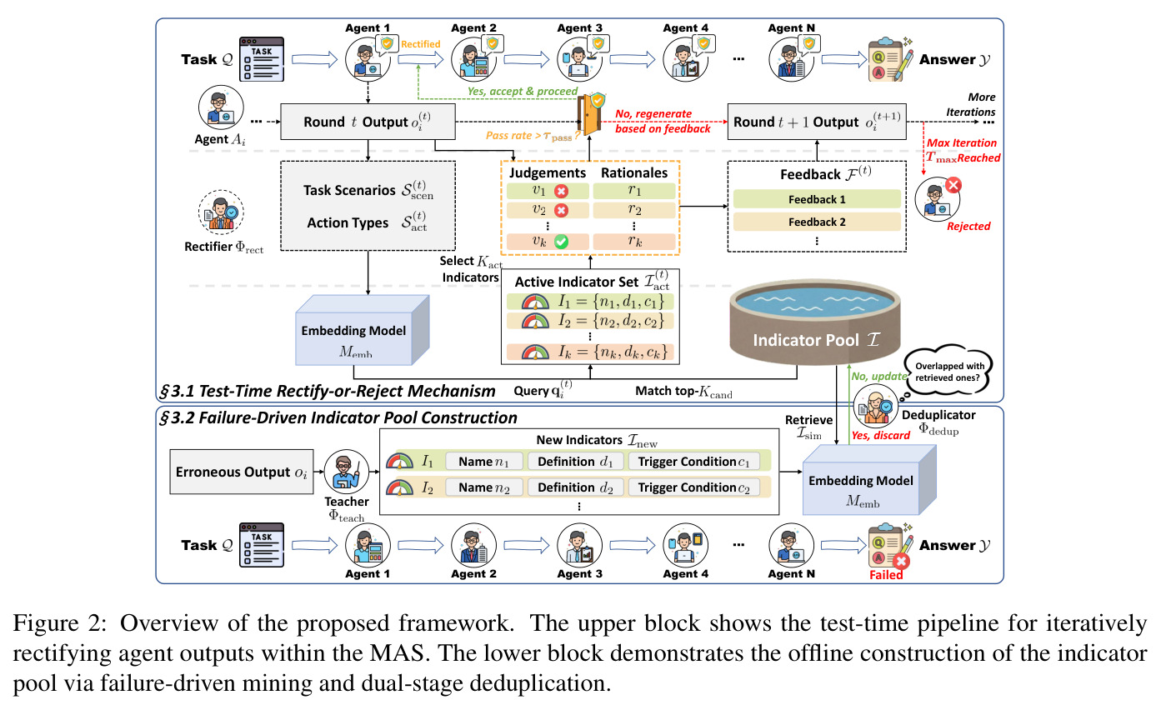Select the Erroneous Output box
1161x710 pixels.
tap(242, 472)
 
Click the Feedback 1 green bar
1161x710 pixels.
tap(817, 199)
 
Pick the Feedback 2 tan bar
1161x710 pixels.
tap(817, 222)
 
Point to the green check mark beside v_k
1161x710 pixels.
tap(561, 242)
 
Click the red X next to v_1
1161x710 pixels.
tap(561, 191)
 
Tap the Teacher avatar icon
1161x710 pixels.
tap(346, 472)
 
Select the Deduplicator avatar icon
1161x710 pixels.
tap(875, 407)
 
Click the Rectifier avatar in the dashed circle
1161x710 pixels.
tap(222, 212)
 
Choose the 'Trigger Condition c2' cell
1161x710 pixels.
tap(693, 487)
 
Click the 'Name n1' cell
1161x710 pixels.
tap(483, 461)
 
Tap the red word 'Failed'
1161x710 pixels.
tap(886, 575)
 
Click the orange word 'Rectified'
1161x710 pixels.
tap(420, 44)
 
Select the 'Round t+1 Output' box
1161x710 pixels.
tap(817, 122)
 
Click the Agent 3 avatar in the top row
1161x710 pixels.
tap(580, 59)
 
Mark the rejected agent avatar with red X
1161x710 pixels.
tap(938, 199)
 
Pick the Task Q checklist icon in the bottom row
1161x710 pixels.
tap(261, 545)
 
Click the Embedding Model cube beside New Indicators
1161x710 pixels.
tap(869, 480)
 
